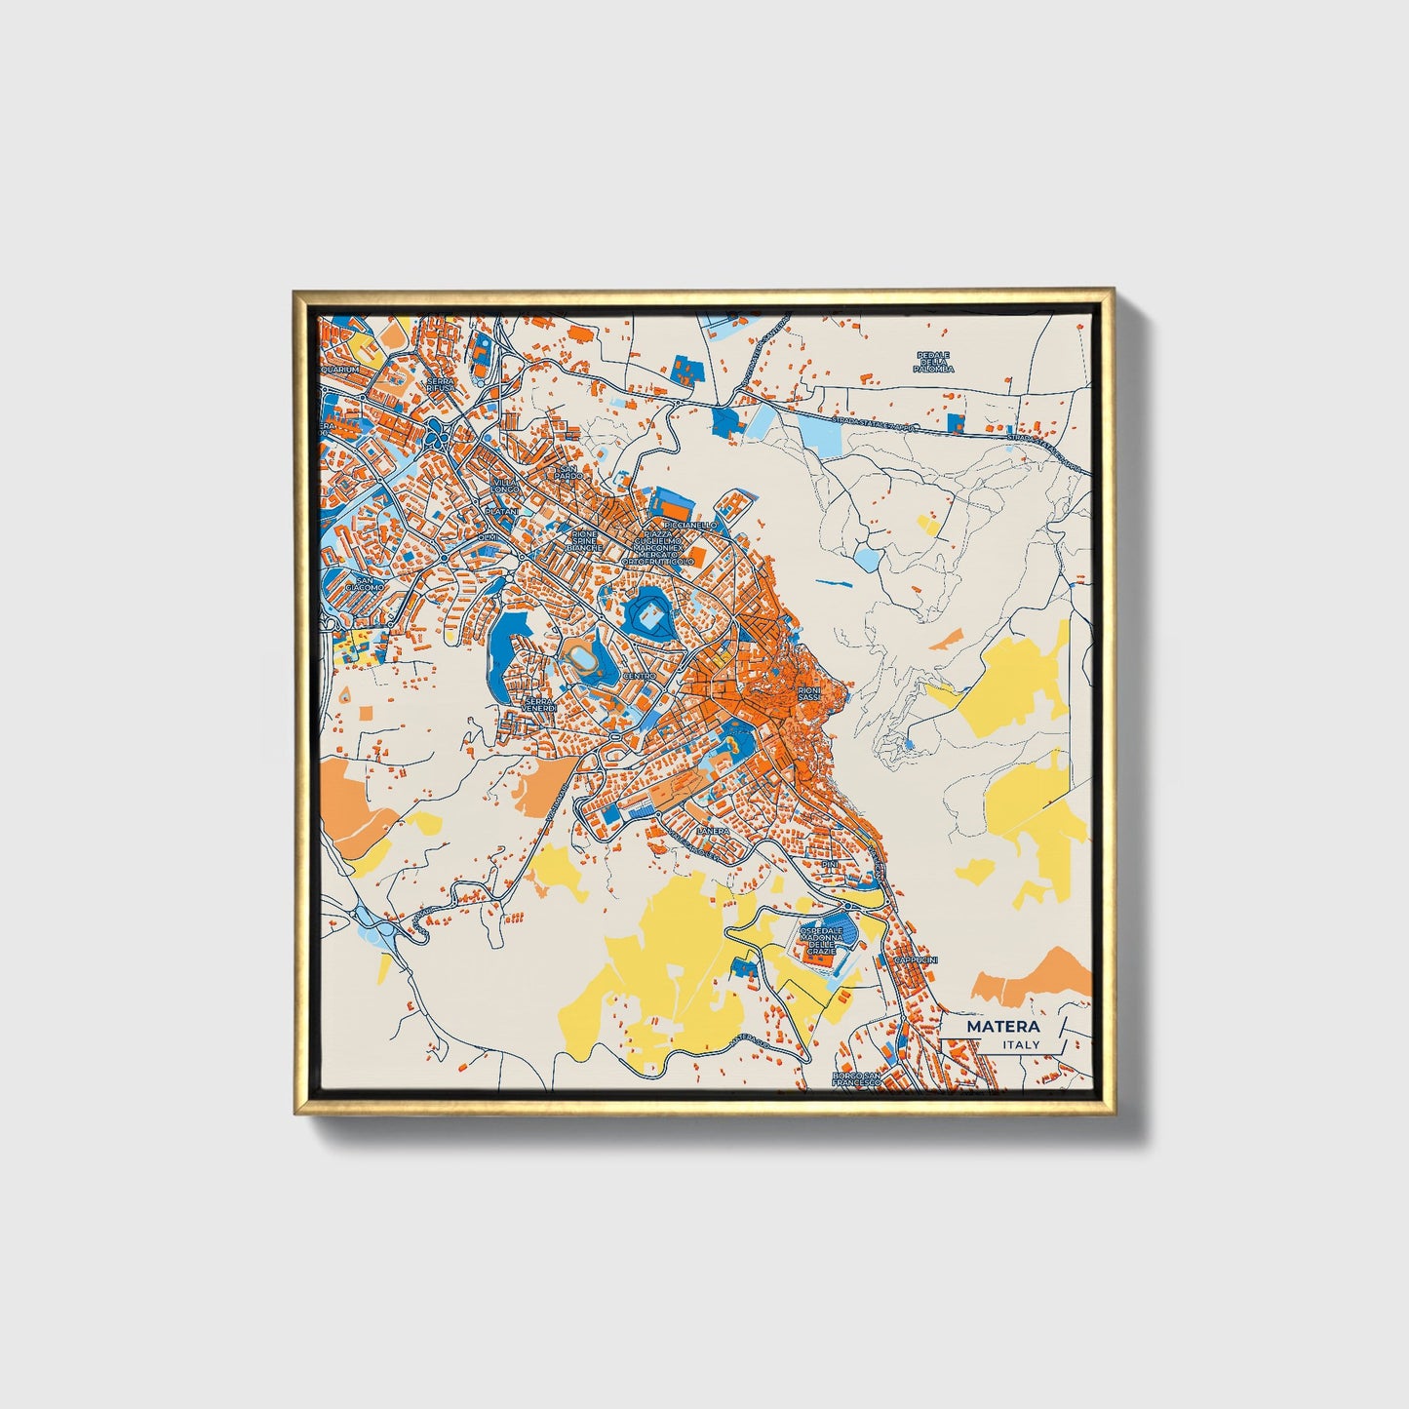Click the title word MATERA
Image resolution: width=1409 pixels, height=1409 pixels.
pyautogui.click(x=1002, y=1027)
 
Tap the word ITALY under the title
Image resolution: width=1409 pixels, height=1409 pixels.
pyautogui.click(x=1020, y=1044)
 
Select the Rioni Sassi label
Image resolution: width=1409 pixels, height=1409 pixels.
pyautogui.click(x=809, y=693)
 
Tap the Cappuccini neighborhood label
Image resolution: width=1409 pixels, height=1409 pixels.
pyautogui.click(x=916, y=960)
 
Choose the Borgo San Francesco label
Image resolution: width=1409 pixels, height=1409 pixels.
pyautogui.click(x=857, y=1078)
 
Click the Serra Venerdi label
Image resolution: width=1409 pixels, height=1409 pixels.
pyautogui.click(x=539, y=704)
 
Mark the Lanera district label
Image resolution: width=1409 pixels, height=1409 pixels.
pyautogui.click(x=713, y=831)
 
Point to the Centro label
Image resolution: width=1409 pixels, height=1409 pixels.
pyautogui.click(x=640, y=676)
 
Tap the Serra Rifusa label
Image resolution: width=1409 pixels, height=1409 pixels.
pyautogui.click(x=440, y=385)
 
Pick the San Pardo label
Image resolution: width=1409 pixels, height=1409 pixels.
pyautogui.click(x=567, y=473)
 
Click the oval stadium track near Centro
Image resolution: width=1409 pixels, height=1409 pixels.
pyautogui.click(x=585, y=660)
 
